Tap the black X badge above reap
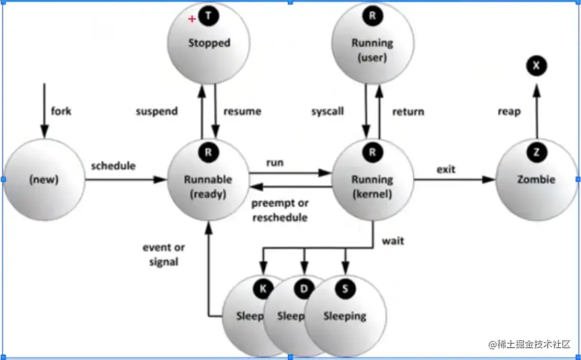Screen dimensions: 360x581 pyautogui.click(x=536, y=66)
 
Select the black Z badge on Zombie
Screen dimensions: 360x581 pyautogui.click(x=536, y=152)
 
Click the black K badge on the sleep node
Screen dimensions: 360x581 pyautogui.click(x=263, y=289)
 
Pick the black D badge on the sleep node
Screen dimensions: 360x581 pyautogui.click(x=304, y=289)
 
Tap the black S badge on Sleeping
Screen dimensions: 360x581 pyautogui.click(x=345, y=289)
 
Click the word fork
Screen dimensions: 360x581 pyautogui.click(x=61, y=111)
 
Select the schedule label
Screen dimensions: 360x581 pyautogui.click(x=113, y=166)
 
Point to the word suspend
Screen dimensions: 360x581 pyautogui.click(x=157, y=111)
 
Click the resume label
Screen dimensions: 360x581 pyautogui.click(x=242, y=111)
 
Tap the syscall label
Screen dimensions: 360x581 pyautogui.click(x=327, y=111)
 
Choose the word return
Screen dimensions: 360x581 pyautogui.click(x=408, y=111)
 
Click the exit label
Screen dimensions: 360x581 pyautogui.click(x=446, y=169)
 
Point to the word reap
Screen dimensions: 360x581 pyautogui.click(x=509, y=111)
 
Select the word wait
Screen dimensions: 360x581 pyautogui.click(x=393, y=240)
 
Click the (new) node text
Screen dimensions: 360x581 pyautogui.click(x=44, y=180)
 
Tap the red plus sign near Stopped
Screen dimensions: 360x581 pyautogui.click(x=192, y=19)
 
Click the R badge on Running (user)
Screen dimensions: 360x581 pyautogui.click(x=372, y=16)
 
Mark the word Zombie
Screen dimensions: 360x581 pyautogui.click(x=536, y=179)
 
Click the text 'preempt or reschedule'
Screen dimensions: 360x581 pyautogui.click(x=280, y=210)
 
